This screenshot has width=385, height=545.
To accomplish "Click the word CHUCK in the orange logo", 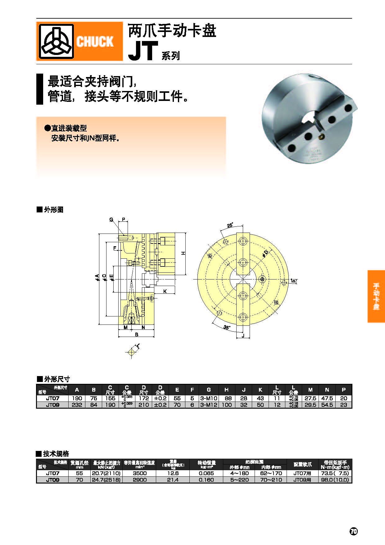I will click(x=95, y=41).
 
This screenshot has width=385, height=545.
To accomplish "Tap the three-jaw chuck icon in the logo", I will click(x=56, y=41).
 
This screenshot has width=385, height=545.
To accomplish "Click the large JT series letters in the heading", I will click(x=143, y=51).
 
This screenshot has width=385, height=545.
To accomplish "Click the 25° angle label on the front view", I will click(x=230, y=225).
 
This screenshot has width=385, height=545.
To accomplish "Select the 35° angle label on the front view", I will click(x=227, y=327).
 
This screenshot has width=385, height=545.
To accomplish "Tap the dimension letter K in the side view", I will click(x=165, y=291).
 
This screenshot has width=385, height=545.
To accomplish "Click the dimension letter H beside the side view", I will click(x=183, y=253).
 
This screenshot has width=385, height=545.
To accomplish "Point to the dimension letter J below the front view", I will click(x=243, y=335).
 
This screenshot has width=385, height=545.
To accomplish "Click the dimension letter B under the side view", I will click(x=136, y=334).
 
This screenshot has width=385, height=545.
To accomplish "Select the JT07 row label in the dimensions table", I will click(x=52, y=398).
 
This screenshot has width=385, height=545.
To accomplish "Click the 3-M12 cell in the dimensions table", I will click(x=209, y=405).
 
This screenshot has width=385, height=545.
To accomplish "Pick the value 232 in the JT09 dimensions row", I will click(x=77, y=405).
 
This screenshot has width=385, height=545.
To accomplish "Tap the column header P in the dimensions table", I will click(x=343, y=390).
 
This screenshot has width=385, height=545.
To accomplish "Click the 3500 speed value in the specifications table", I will click(x=139, y=473).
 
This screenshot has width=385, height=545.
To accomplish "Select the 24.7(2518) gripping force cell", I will click(x=106, y=480).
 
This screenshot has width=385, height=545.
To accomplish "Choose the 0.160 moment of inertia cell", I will click(x=206, y=480).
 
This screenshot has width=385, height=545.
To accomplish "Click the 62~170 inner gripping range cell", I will click(x=271, y=473).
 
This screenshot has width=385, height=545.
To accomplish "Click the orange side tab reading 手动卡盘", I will click(x=376, y=296).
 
